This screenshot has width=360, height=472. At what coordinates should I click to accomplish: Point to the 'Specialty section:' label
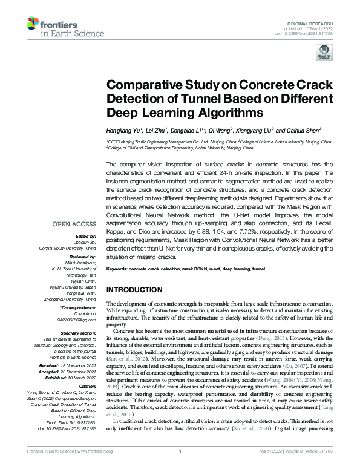[x=79, y=333]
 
